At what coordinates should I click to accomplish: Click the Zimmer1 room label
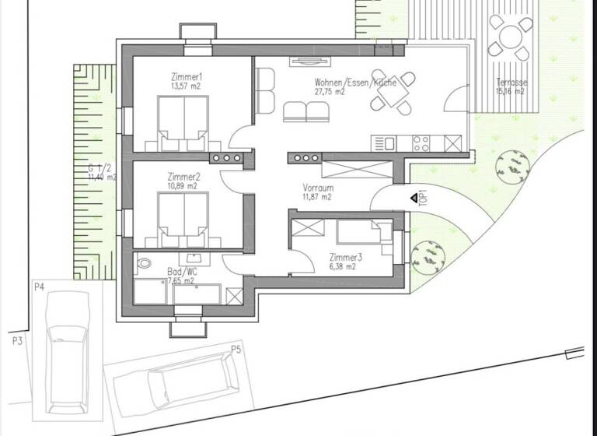coord(187,77)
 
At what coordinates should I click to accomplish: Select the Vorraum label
coord(318,188)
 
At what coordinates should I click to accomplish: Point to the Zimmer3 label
coord(342,256)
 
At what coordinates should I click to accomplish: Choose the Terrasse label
coord(511,83)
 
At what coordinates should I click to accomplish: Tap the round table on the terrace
coord(510,37)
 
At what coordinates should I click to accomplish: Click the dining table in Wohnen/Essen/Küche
coord(390,93)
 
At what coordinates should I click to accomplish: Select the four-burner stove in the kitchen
coord(421,143)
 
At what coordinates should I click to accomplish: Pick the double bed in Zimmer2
coord(183,218)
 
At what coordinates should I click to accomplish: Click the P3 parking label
coord(16,341)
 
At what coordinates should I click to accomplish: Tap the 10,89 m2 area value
coord(182,187)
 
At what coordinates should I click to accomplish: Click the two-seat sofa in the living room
coord(305,112)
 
